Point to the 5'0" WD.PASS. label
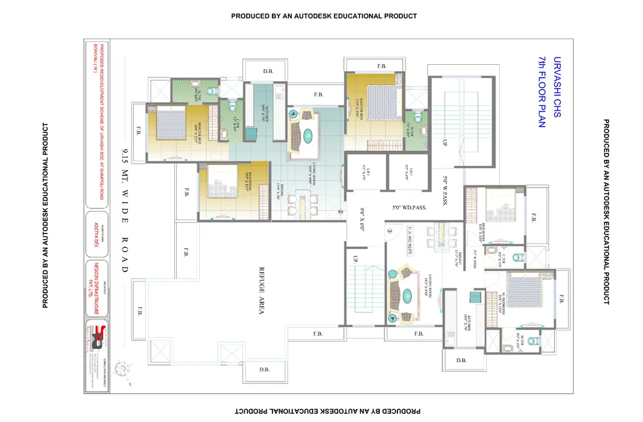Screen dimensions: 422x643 click(x=409, y=207)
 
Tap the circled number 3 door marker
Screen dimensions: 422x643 click(x=389, y=231)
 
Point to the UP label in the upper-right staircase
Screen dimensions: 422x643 click(x=445, y=142)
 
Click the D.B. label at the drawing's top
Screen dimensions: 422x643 click(x=268, y=71)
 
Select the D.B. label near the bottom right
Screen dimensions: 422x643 click(x=462, y=360)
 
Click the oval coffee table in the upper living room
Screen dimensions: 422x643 click(x=308, y=135)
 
